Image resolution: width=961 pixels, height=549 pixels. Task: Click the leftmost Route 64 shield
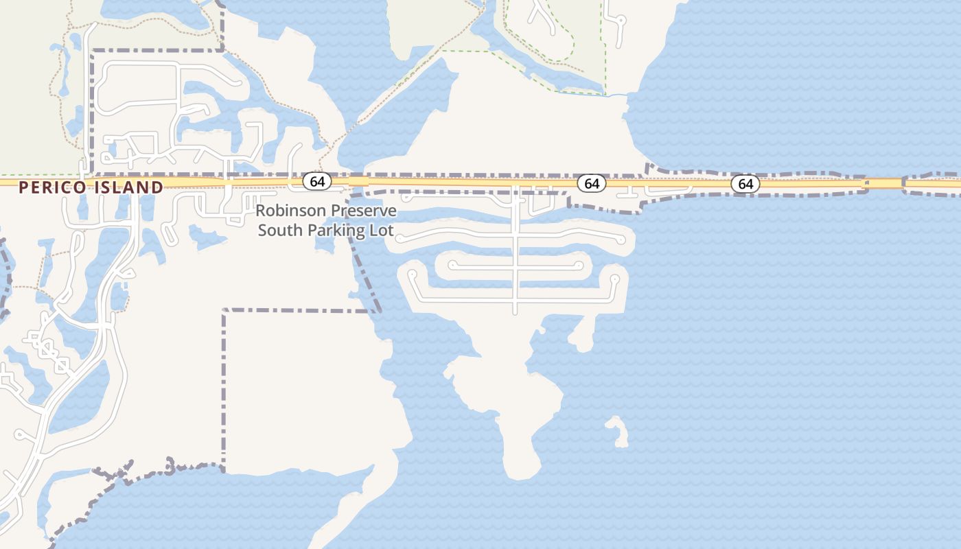(317, 181)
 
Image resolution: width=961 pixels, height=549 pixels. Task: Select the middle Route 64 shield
(592, 183)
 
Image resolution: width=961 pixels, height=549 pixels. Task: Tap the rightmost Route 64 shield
(745, 184)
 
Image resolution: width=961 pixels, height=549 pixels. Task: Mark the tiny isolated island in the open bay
(618, 431)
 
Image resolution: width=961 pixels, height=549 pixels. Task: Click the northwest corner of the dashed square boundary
(224, 311)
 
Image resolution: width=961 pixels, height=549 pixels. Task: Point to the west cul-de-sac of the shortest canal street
(452, 264)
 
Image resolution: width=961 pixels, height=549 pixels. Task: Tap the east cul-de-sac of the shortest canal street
(579, 265)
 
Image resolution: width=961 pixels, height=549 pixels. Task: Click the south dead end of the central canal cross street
(516, 313)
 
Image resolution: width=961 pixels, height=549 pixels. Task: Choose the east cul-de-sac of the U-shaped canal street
(614, 279)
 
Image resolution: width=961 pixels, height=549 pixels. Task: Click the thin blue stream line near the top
(614, 95)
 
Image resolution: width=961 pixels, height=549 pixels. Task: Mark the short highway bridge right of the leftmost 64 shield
(358, 182)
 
